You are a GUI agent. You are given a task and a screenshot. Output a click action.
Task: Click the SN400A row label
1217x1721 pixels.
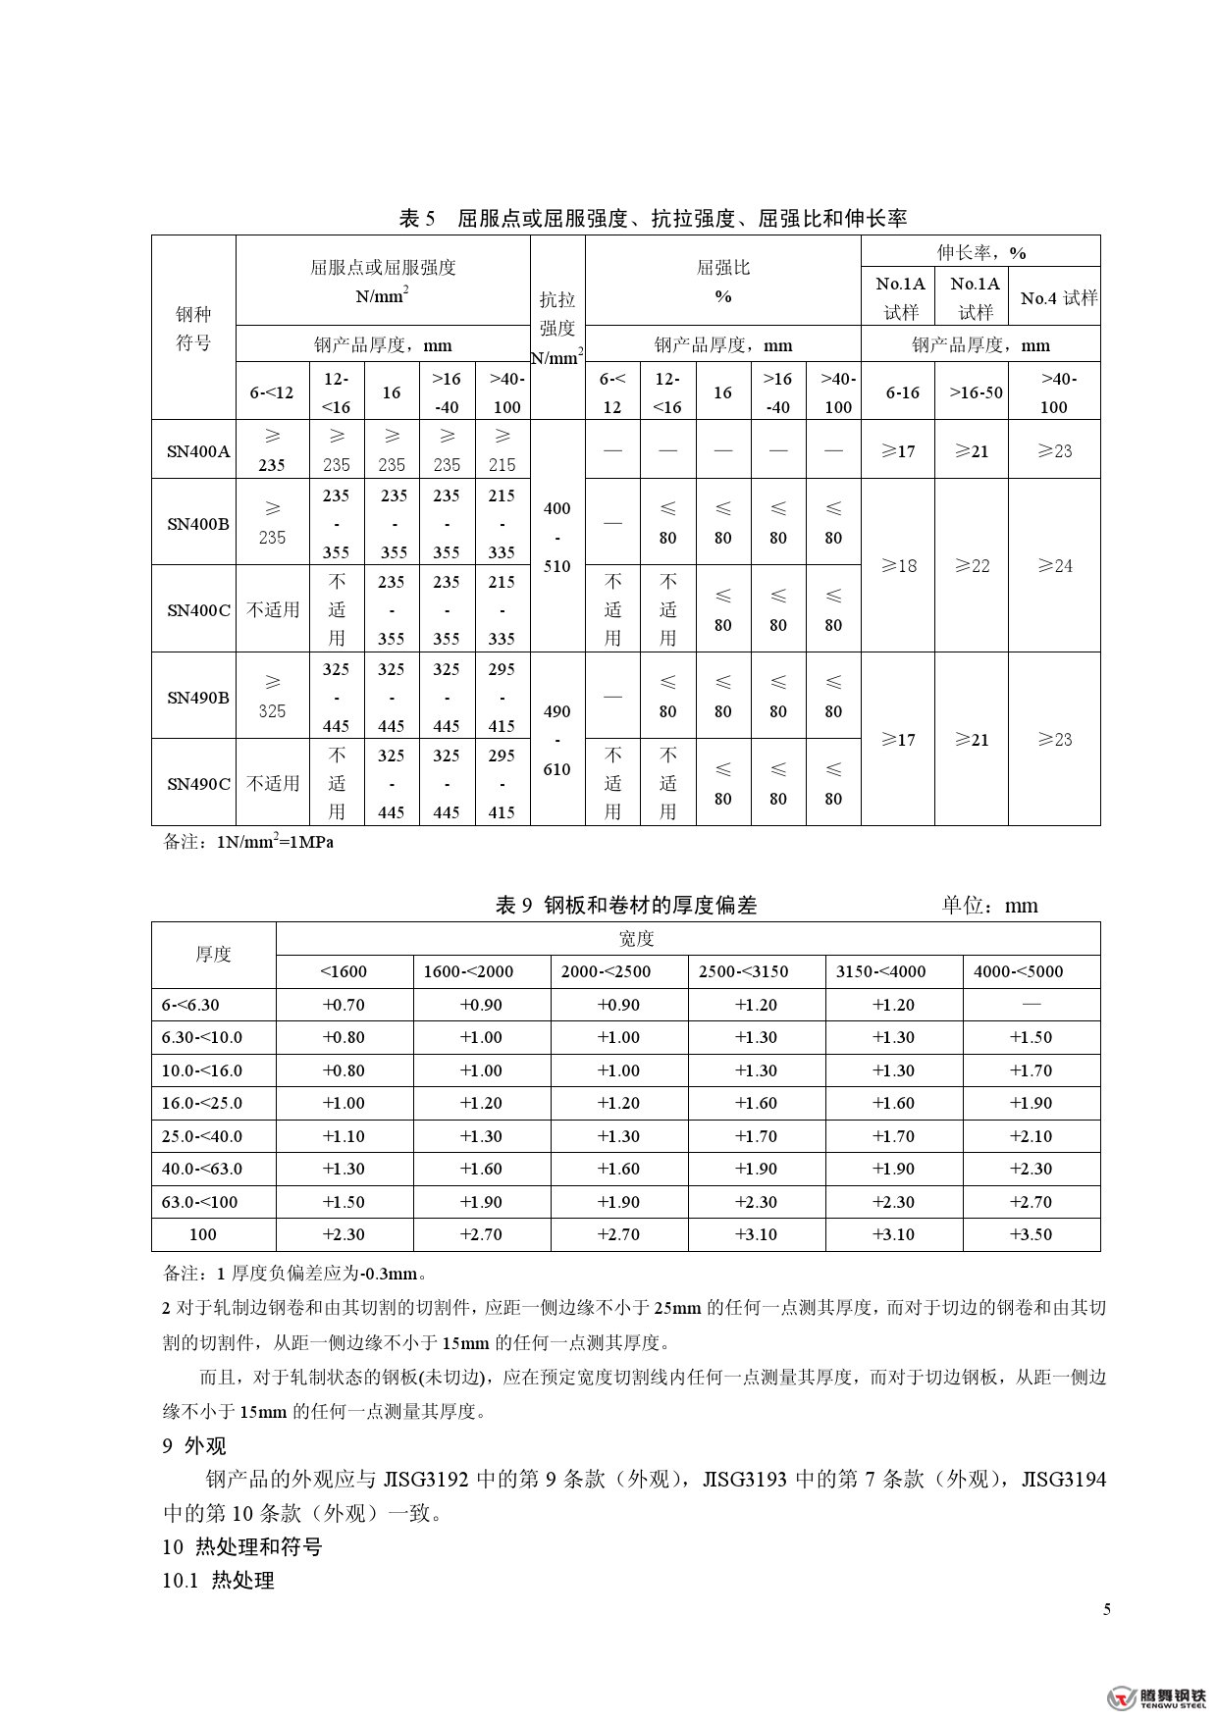click(x=197, y=451)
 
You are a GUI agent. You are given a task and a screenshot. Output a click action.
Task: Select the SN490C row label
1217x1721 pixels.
click(x=197, y=783)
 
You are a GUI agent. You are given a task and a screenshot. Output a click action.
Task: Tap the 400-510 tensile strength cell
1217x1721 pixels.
click(x=556, y=537)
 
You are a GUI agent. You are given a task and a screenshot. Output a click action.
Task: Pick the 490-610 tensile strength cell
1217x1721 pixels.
click(x=556, y=740)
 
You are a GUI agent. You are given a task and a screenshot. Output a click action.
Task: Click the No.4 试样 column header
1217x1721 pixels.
click(x=1058, y=297)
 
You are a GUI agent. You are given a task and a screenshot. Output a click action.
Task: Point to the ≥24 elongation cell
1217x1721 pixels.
click(x=1055, y=565)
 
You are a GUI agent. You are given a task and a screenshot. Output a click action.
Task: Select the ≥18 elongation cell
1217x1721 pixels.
click(x=898, y=565)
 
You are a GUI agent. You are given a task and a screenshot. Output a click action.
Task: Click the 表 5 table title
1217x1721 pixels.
click(x=652, y=218)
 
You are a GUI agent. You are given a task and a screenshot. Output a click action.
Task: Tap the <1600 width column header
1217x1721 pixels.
click(x=344, y=971)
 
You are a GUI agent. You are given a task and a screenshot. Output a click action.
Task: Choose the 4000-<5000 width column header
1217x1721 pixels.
click(x=1031, y=971)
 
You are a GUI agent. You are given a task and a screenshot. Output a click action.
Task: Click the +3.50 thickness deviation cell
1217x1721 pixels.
click(x=1031, y=1234)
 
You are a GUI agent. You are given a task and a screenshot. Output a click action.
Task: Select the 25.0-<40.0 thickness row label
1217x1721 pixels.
click(x=202, y=1136)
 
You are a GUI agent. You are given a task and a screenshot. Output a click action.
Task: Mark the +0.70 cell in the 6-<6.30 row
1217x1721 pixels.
click(x=344, y=1005)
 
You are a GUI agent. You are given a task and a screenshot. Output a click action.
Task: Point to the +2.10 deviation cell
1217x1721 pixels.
click(x=1031, y=1136)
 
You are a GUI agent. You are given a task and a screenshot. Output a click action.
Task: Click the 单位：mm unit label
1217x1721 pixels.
click(x=989, y=905)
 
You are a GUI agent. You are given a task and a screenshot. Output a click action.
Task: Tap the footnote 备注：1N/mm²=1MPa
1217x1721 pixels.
click(x=248, y=842)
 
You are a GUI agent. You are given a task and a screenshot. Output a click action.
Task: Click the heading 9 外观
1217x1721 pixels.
click(x=194, y=1445)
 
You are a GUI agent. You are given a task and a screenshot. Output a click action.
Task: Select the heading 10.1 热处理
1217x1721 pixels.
click(x=218, y=1580)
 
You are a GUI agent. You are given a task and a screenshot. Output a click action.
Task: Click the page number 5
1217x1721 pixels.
click(x=1107, y=1609)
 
